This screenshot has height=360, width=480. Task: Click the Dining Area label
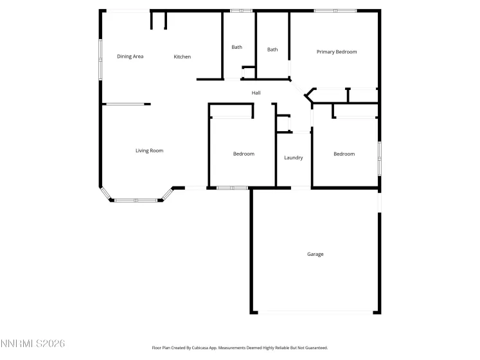[x=130, y=57]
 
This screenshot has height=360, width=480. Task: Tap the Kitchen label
[x=182, y=57]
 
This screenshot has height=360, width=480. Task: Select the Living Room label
[x=149, y=151]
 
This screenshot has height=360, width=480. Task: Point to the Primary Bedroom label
[x=337, y=51]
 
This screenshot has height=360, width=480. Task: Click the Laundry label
[x=294, y=157]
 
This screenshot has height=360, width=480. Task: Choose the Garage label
[x=315, y=254]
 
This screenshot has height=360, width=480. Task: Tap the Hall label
[x=256, y=93]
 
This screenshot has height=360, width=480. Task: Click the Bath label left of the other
[x=237, y=47]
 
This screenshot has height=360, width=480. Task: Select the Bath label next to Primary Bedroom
[x=272, y=50]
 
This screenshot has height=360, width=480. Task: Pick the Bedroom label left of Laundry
[x=244, y=154]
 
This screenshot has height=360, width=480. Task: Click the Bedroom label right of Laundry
[x=344, y=154]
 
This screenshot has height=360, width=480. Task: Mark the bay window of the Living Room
[x=136, y=200]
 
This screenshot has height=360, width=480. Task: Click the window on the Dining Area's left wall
[x=100, y=60]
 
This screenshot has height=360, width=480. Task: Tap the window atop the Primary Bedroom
[x=335, y=10]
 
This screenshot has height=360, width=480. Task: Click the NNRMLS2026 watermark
[x=33, y=344]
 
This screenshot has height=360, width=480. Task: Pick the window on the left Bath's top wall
[x=242, y=10]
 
